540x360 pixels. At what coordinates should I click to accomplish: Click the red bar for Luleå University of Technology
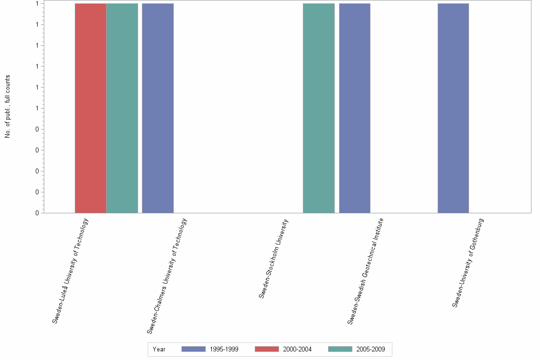(90, 108)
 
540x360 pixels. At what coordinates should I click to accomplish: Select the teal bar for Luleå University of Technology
(122, 108)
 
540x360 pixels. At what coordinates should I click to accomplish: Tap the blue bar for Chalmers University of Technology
(158, 108)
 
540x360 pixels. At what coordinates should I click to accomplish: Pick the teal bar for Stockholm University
(319, 108)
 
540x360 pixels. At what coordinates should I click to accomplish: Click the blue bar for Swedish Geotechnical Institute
(354, 108)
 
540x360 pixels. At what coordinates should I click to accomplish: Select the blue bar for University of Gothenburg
(453, 108)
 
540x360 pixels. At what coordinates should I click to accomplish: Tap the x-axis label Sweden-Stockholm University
(274, 258)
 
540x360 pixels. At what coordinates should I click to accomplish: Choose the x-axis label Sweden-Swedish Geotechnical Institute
(365, 271)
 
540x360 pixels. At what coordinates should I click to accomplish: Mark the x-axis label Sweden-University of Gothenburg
(468, 262)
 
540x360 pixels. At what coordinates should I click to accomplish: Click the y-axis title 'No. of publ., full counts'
(8, 107)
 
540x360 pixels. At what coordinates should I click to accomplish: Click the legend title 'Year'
(159, 350)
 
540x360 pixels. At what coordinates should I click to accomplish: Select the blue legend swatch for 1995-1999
(193, 349)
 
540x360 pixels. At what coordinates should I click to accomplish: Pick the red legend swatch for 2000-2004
(267, 349)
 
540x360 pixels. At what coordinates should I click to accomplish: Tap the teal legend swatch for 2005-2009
(340, 349)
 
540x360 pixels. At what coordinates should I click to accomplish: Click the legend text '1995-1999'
(224, 350)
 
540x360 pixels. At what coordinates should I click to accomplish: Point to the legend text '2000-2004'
(297, 350)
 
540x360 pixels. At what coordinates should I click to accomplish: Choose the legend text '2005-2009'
(370, 350)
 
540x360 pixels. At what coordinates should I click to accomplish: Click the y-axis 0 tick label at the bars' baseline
(37, 213)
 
